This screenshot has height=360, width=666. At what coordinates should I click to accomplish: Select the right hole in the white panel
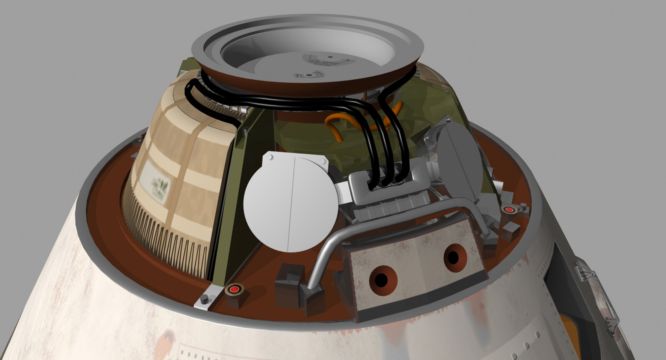pos(454,257)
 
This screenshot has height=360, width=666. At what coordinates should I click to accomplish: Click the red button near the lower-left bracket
pos(234,289)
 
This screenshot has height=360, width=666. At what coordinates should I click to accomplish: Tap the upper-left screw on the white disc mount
pos(270,158)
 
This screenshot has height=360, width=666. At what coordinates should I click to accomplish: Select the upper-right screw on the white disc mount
pos(323,162)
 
